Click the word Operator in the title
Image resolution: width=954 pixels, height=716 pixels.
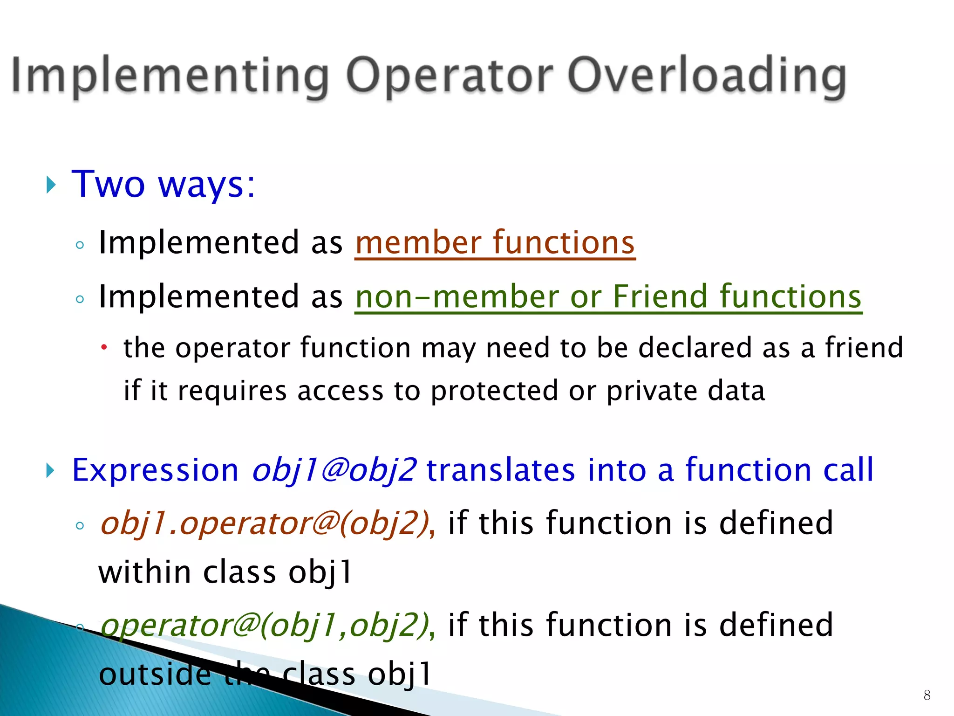450,76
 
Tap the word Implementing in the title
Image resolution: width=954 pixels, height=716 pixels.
170,76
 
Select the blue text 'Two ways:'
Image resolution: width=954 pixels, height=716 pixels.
164,185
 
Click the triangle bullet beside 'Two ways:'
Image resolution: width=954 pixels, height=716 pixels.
51,185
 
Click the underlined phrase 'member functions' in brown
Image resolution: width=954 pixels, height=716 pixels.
495,243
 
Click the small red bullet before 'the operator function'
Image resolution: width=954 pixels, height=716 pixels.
105,347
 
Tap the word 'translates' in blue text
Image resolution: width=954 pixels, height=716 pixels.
500,470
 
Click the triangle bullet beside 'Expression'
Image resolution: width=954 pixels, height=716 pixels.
51,471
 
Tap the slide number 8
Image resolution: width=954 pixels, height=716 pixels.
927,695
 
